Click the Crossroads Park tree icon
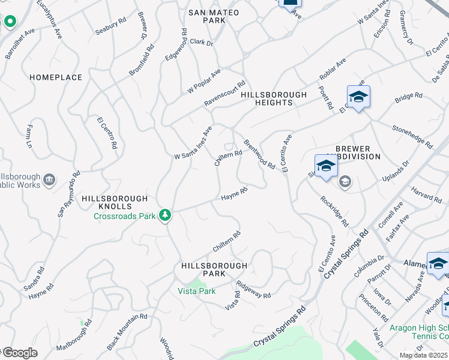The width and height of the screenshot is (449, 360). pyautogui.click(x=164, y=215)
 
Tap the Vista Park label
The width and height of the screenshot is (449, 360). pyautogui.click(x=196, y=291)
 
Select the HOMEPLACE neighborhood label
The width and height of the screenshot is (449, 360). pyautogui.click(x=55, y=77)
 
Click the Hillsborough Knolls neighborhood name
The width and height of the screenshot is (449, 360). pyautogui.click(x=115, y=199)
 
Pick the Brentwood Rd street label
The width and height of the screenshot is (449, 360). pyautogui.click(x=259, y=154)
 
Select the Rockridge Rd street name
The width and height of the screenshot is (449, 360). pyautogui.click(x=334, y=211)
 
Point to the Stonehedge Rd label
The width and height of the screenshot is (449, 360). pyautogui.click(x=412, y=137)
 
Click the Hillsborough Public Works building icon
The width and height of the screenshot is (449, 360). pyautogui.click(x=49, y=179)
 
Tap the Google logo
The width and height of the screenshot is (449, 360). pyautogui.click(x=20, y=352)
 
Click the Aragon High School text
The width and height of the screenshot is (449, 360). pyautogui.click(x=418, y=328)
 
